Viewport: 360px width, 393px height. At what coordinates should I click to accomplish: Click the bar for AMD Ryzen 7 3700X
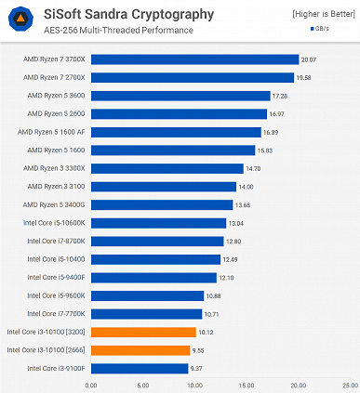click(x=194, y=59)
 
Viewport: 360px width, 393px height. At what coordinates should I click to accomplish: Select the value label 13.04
click(x=236, y=223)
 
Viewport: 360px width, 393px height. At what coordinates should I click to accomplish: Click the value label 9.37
click(x=198, y=368)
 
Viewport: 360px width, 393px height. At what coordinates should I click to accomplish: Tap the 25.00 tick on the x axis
click(x=350, y=384)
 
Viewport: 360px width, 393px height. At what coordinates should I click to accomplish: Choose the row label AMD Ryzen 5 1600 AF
click(x=51, y=132)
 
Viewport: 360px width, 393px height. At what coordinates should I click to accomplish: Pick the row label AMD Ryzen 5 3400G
click(x=54, y=204)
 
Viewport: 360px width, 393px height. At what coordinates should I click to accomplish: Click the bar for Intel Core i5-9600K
click(x=145, y=295)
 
